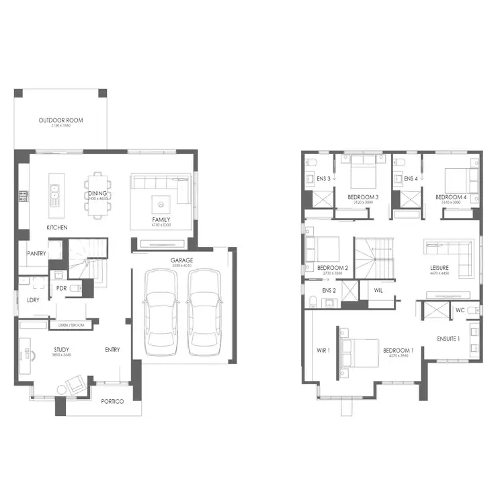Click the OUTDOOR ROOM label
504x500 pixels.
(60, 120)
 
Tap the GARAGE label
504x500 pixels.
(181, 260)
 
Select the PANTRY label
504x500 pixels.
(36, 254)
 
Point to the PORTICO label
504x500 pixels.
(113, 401)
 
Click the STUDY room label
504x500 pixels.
(62, 349)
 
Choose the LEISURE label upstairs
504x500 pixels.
(439, 268)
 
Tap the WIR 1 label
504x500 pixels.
(325, 351)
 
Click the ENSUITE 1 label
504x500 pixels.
(448, 338)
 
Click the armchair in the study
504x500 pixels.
(75, 386)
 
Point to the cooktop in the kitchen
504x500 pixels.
(23, 196)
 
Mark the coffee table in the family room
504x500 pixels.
(161, 200)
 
